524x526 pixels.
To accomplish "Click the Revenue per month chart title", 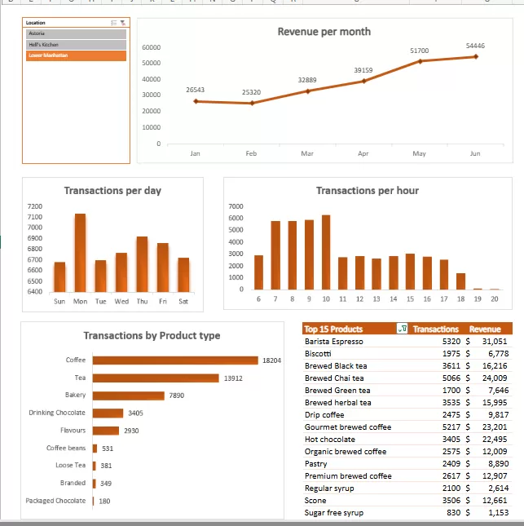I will click(x=324, y=32).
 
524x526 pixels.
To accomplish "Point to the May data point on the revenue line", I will click(x=420, y=61).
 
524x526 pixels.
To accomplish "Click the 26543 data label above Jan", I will click(x=196, y=89).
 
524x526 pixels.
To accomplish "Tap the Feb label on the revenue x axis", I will click(x=251, y=153).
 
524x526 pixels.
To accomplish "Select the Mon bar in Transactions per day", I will click(x=80, y=253).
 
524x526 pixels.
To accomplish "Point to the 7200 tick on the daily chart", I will click(x=34, y=206).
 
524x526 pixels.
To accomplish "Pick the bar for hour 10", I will click(x=326, y=253).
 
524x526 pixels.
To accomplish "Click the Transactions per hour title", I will click(x=367, y=191).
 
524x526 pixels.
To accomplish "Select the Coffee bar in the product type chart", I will click(x=175, y=360).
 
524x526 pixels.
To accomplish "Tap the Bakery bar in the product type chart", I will click(x=129, y=396).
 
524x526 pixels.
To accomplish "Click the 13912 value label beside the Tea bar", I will click(x=233, y=378).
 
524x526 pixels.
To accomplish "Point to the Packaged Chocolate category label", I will click(x=55, y=501).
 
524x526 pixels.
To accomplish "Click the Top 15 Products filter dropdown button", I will click(x=401, y=329).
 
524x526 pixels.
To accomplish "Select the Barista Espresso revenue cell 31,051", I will click(x=495, y=342).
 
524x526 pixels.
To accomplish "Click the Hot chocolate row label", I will click(x=329, y=440).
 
